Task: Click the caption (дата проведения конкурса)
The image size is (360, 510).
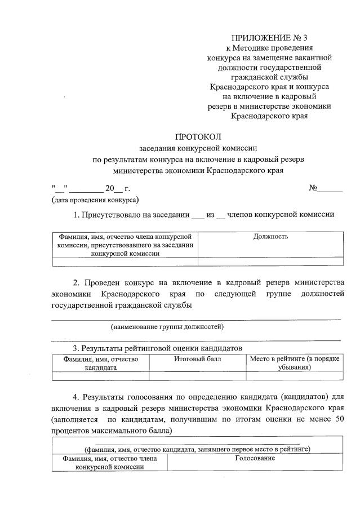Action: [95, 199]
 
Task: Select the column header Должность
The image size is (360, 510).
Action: [270, 237]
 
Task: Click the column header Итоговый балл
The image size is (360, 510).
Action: [197, 359]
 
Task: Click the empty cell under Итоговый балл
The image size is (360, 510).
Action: [197, 376]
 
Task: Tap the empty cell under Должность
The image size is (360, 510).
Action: [270, 261]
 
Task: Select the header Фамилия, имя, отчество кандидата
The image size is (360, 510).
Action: [101, 363]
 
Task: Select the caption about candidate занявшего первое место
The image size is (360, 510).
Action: [197, 449]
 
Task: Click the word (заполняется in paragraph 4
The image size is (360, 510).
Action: [74, 420]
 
